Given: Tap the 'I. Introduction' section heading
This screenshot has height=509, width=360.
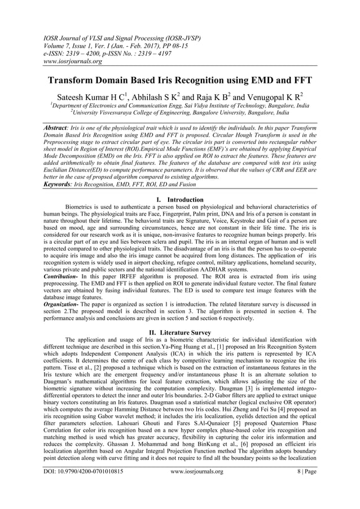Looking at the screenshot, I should point(179,200).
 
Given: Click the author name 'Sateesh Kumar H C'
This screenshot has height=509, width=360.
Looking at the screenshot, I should point(95,95).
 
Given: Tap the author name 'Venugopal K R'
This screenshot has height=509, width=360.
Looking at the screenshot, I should point(279,95).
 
